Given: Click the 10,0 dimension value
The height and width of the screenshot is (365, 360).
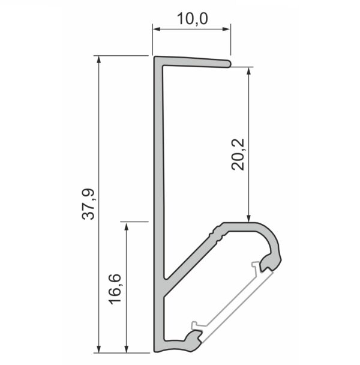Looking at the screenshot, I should click(191, 18).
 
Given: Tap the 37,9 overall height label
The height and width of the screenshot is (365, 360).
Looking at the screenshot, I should click(88, 204).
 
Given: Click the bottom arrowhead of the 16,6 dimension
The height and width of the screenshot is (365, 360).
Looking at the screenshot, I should click(126, 348).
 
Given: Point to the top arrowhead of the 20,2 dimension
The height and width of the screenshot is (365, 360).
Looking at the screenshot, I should click(248, 70).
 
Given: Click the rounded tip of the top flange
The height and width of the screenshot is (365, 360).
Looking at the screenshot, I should click(228, 62).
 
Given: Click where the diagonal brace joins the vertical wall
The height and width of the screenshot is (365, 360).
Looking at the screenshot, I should click(166, 282).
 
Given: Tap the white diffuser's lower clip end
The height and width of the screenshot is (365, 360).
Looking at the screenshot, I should click(197, 327).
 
